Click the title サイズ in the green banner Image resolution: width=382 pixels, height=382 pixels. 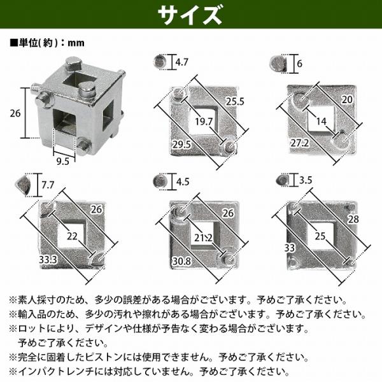[x=190, y=15]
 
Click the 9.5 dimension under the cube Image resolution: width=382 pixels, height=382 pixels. [x=63, y=161]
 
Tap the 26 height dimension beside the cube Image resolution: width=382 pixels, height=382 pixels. [x=15, y=113]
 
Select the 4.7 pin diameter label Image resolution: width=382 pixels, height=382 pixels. [x=181, y=62]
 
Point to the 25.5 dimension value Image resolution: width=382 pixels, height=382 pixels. [x=235, y=101]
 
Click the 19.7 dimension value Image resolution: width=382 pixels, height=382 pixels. [x=204, y=122]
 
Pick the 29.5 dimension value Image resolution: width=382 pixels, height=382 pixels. [x=181, y=145]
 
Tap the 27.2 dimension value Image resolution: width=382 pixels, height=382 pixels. [x=299, y=143]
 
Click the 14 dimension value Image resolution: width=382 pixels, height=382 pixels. [x=321, y=121]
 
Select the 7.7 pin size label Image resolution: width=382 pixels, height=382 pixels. [x=48, y=185]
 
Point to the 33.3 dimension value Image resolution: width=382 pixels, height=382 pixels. [x=48, y=260]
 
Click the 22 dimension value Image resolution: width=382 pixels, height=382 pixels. [x=72, y=236]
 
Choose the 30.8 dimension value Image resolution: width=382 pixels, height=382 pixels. [x=181, y=262]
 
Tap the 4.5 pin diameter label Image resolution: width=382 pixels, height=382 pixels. [x=183, y=181]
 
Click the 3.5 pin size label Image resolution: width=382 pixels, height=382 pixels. [x=306, y=180]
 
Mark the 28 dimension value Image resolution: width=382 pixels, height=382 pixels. [x=353, y=219]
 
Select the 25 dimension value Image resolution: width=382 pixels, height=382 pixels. [x=320, y=236]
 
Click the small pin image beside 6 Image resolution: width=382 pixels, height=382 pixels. [x=278, y=64]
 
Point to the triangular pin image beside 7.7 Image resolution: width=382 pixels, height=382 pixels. [x=24, y=185]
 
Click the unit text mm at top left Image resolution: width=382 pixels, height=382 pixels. [x=76, y=43]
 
